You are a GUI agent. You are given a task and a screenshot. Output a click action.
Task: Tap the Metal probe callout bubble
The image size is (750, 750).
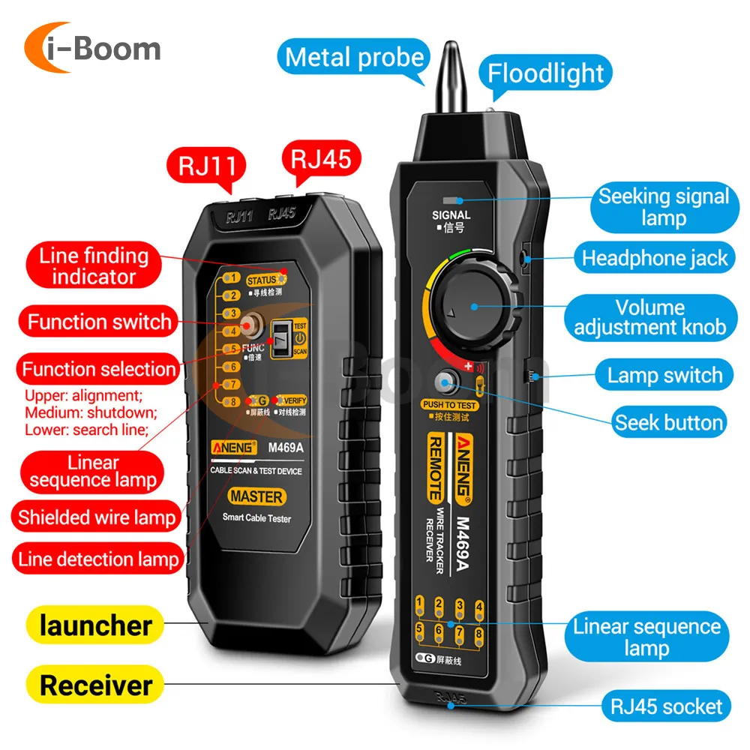pos(355,57)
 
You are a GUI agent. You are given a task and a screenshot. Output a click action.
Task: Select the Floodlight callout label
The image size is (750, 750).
pos(545,73)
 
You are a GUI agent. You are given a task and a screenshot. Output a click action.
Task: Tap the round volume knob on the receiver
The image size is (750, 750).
pos(474,305)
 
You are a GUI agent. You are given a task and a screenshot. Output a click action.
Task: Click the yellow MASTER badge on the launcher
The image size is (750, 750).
pos(256,496)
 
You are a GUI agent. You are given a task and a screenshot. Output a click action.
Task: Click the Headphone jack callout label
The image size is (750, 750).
pos(654,259)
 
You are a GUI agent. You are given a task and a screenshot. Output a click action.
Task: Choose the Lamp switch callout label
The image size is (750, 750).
pos(664,375)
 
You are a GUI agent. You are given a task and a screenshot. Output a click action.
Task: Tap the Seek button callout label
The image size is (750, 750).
pos(669,422)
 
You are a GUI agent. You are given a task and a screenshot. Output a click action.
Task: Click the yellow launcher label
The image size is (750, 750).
pos(95,625)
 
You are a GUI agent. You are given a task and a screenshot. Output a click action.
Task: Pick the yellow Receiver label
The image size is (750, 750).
pos(96,685)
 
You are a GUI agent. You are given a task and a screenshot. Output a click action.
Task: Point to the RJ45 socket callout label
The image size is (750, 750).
pos(666,706)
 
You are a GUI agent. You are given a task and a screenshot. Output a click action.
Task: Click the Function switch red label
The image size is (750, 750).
pos(99,322)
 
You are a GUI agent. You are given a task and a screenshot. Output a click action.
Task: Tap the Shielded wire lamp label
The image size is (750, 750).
pos(97,517)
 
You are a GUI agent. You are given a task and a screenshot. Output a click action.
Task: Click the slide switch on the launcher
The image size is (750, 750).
pos(282,337)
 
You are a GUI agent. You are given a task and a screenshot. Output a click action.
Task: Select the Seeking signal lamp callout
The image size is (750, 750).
pos(663,208)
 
